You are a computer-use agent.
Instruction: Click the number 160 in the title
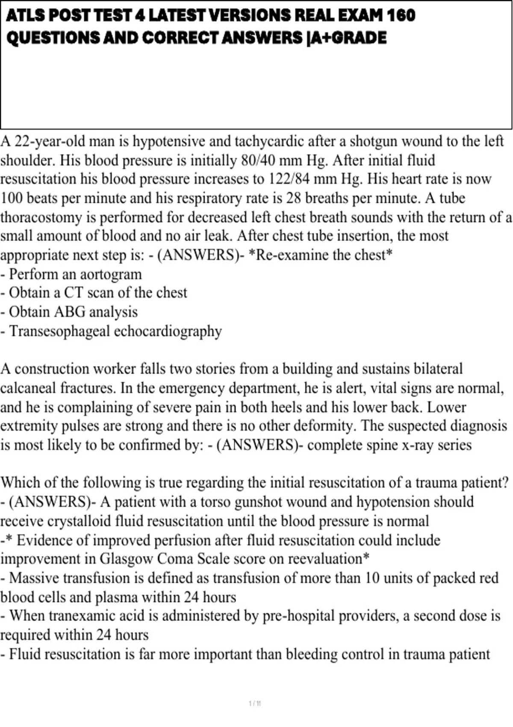pyautogui.click(x=401, y=16)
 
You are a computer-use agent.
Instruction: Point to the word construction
pyautogui.click(x=52, y=369)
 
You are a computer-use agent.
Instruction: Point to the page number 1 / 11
pyautogui.click(x=255, y=703)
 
